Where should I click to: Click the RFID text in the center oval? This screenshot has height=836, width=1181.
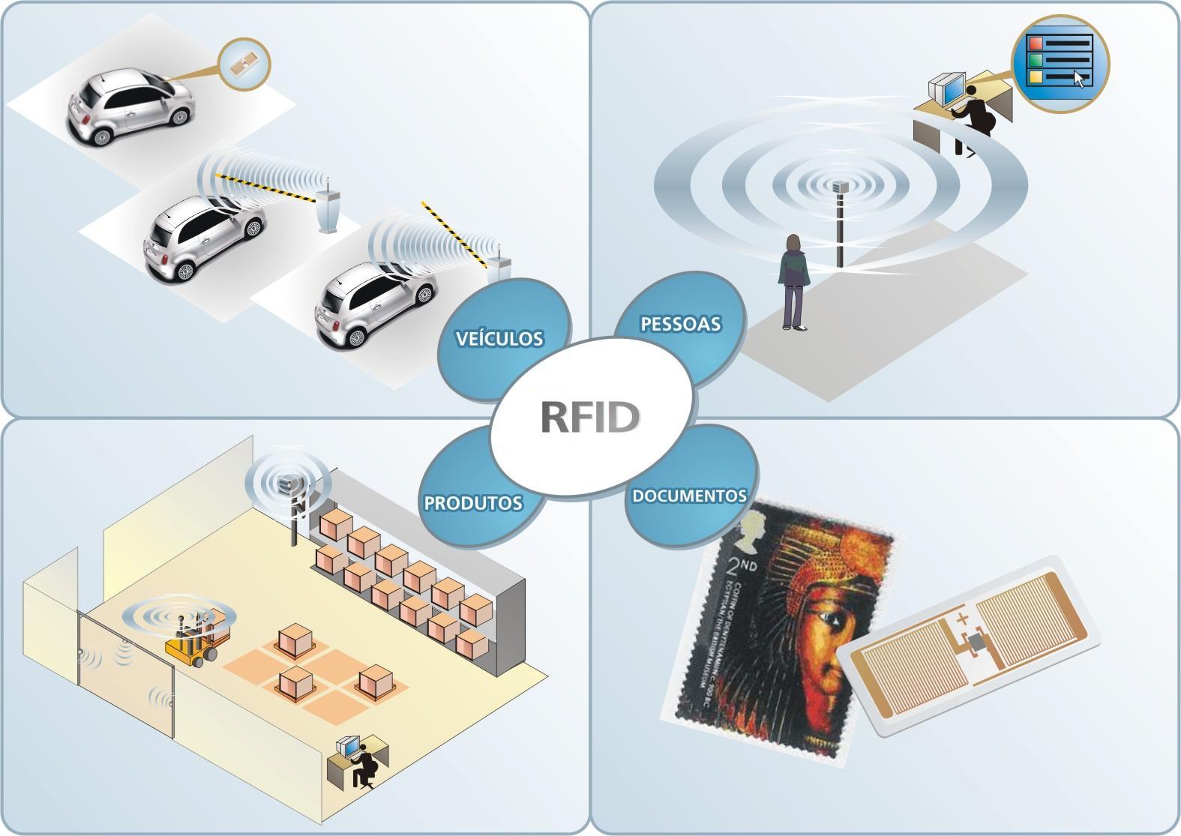point(589,418)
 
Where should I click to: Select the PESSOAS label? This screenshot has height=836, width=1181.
point(680,324)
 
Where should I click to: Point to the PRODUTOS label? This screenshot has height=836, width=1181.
point(473,502)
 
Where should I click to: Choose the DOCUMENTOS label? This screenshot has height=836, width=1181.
point(689,496)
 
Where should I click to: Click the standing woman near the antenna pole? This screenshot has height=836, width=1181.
point(794,281)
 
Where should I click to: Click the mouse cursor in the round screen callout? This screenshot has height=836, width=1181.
point(1079,78)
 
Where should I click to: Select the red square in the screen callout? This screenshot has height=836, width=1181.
point(1036,42)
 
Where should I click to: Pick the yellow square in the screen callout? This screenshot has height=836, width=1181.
point(1036,76)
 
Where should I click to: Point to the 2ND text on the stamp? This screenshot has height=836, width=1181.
point(741,563)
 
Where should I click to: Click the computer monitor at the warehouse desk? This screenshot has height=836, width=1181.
point(347,746)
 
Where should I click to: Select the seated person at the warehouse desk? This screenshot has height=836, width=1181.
point(365,765)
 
